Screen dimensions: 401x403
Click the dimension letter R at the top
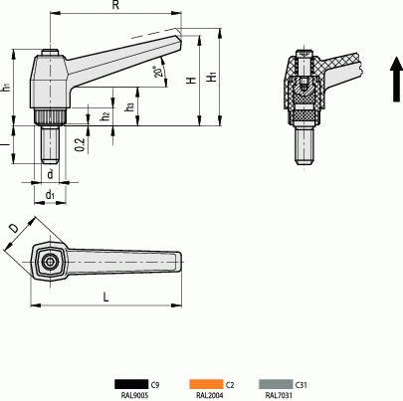tap(116, 6)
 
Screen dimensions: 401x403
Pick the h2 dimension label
tap(105, 116)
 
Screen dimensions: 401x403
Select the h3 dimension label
tap(130, 106)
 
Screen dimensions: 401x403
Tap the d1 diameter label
tap(51, 195)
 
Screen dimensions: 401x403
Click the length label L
tap(105, 296)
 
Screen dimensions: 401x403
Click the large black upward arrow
tap(395, 80)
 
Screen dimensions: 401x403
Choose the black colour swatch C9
tap(128, 384)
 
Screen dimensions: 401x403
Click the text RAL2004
tap(209, 395)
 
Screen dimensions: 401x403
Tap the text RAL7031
tap(279, 395)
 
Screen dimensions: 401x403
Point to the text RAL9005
tap(132, 395)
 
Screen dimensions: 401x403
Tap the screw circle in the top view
tap(50, 261)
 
